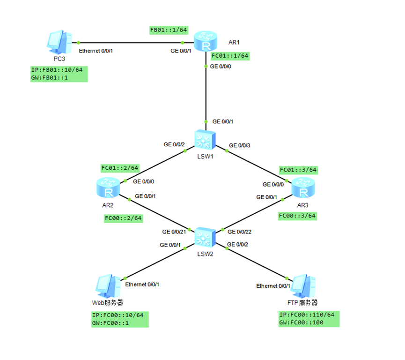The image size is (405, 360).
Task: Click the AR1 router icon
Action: tap(206, 41)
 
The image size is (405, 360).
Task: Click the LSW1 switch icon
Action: tap(206, 139)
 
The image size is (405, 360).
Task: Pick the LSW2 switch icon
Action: tap(206, 237)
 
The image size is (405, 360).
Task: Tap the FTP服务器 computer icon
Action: tap(304, 285)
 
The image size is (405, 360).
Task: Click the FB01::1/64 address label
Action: tap(169, 30)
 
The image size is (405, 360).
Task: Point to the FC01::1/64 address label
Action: tap(229, 56)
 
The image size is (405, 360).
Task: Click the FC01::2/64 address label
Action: tap(120, 167)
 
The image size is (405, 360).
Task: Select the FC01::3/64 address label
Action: tap(298, 170)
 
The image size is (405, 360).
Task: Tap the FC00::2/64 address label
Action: tap(123, 218)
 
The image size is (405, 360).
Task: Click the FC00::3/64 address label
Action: tap(297, 216)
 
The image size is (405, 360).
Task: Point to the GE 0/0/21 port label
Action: tap(174, 232)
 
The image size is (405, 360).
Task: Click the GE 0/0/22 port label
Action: tap(239, 232)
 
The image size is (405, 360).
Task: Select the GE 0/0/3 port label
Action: tap(239, 145)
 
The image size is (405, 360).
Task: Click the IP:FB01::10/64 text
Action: tap(57, 70)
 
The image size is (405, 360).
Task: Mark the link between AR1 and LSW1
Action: tap(206, 94)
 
